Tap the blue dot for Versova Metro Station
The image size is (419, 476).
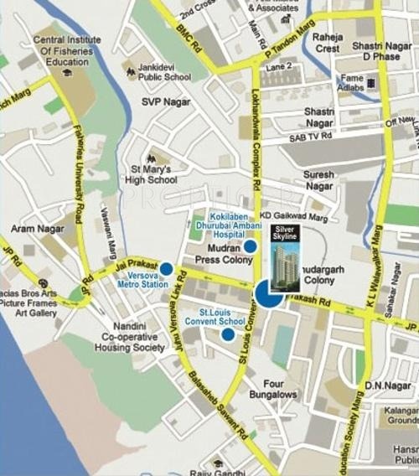click(166, 269)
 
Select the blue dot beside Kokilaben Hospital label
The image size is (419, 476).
click(250, 246)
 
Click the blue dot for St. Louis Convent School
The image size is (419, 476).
click(228, 334)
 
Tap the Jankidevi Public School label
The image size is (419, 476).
click(165, 77)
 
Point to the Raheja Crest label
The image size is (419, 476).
click(328, 42)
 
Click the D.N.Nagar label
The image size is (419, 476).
click(386, 385)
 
